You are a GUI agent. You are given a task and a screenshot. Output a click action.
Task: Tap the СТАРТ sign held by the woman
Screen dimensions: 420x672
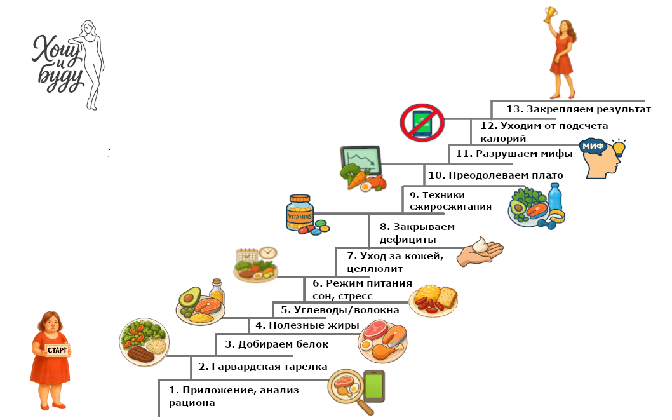pyautogui.click(x=57, y=350)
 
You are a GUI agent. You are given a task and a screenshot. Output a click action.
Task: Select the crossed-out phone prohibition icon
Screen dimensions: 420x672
pyautogui.click(x=422, y=121)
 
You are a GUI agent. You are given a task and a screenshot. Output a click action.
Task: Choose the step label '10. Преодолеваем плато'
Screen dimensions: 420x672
pyautogui.click(x=505, y=175)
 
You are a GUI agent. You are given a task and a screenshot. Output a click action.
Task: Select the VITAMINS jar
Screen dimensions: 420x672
pyautogui.click(x=300, y=212)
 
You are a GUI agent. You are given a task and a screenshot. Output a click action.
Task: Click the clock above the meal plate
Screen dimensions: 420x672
pyautogui.click(x=267, y=252)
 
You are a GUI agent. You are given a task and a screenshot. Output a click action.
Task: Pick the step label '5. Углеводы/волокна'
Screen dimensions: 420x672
pyautogui.click(x=340, y=310)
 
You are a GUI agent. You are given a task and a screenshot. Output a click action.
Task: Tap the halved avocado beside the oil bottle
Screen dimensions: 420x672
pyautogui.click(x=189, y=298)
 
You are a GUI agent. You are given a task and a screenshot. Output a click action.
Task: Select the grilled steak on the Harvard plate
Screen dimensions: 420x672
pyautogui.click(x=141, y=353)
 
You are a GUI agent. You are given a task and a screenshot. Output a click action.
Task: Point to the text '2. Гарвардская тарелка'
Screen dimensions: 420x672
pyautogui.click(x=263, y=367)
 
